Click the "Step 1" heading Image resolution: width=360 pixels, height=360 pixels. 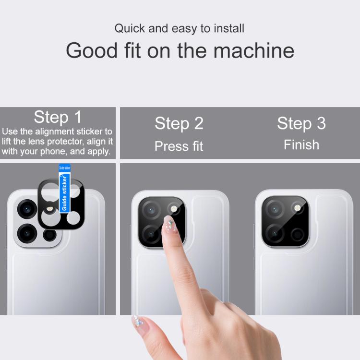coord(58,117)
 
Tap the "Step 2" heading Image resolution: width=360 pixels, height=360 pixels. coord(179,123)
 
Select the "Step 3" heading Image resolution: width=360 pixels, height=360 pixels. coord(301,123)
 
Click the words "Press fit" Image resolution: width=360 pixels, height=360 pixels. coord(179,146)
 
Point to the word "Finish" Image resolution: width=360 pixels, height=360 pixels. coord(301,145)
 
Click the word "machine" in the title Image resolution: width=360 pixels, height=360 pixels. coord(254,51)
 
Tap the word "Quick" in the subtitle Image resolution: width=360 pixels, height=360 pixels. coord(130,28)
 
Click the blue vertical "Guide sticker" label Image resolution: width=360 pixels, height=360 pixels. coord(64,193)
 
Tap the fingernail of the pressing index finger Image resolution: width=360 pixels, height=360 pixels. coord(169,224)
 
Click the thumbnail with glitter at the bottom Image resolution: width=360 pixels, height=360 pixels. coord(139,324)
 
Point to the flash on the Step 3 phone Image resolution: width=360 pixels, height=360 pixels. coord(297,208)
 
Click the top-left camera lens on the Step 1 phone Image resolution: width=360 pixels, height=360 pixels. coord(27,209)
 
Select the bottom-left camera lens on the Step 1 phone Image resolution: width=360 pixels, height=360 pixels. coord(27,233)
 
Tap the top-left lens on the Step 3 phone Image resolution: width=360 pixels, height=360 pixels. coord(275,209)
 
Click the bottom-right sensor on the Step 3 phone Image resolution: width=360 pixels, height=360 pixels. coord(298,235)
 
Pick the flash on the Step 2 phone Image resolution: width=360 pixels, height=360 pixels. coord(174,209)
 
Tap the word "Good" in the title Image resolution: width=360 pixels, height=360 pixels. coord(92,51)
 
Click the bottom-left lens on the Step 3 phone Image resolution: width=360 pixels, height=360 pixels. coord(275,234)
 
